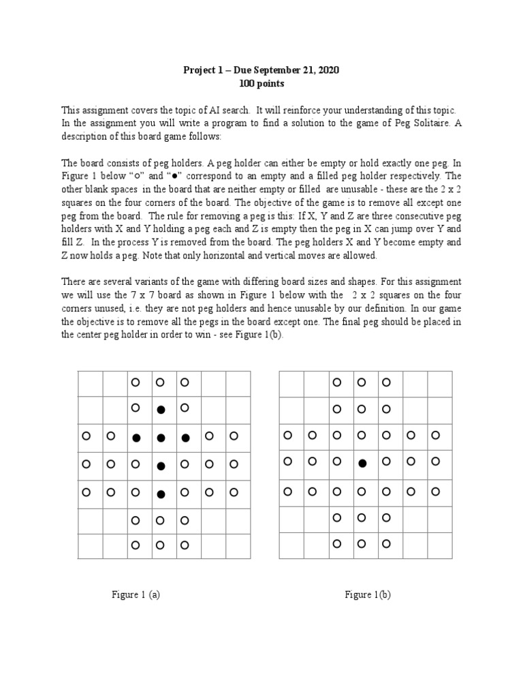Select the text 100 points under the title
(x=261, y=83)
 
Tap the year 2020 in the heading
(x=326, y=70)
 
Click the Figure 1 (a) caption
(x=136, y=594)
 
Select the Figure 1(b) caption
(x=368, y=594)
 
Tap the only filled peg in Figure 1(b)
(x=362, y=464)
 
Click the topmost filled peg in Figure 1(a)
(x=161, y=410)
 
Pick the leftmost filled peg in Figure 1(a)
(x=136, y=438)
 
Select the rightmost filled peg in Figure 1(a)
(x=185, y=438)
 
